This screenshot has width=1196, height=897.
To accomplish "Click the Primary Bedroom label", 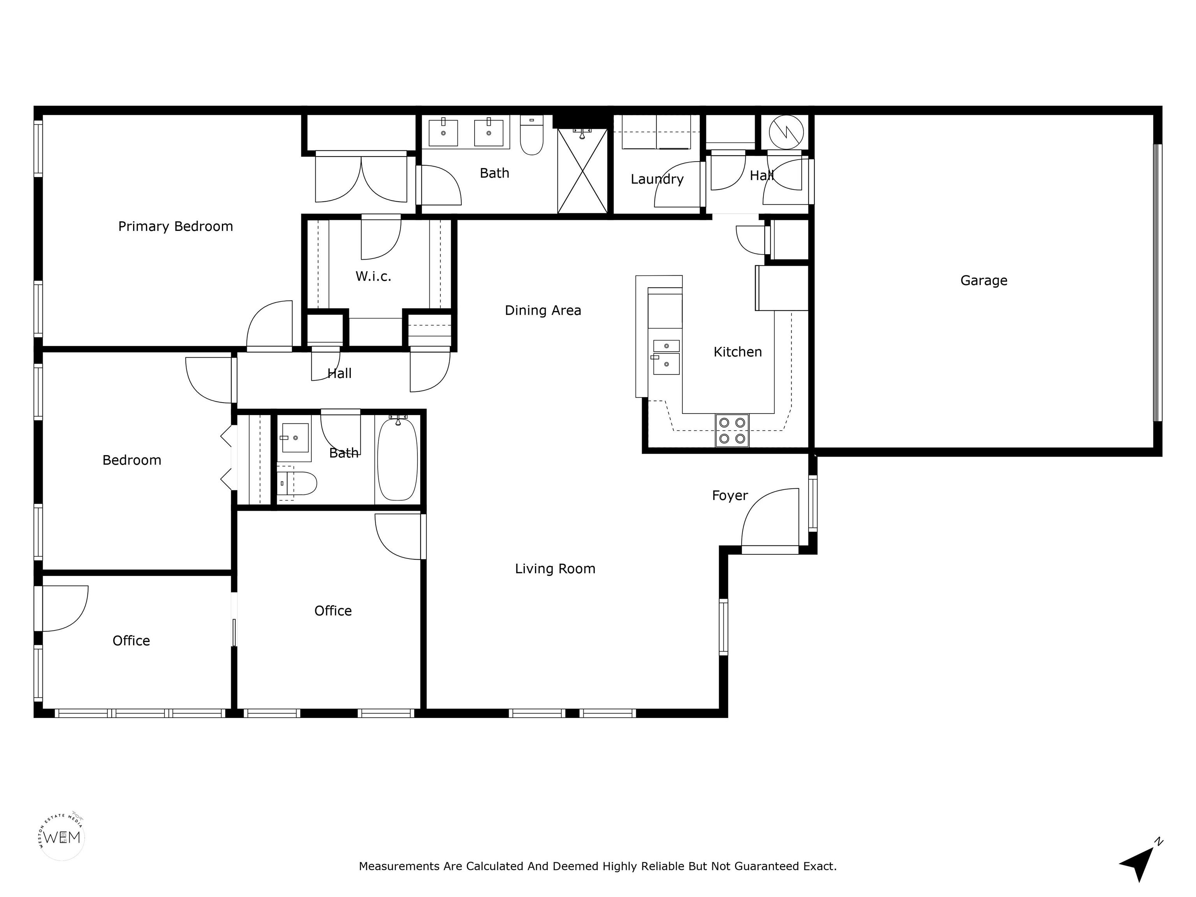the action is click(x=176, y=227).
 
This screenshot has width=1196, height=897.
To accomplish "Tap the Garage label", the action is click(x=983, y=281).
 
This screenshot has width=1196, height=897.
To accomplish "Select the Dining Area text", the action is click(x=543, y=310).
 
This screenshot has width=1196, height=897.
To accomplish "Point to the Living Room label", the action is click(x=555, y=568).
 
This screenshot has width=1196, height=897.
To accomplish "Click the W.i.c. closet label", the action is click(x=373, y=276).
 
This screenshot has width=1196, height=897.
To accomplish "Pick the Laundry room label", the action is click(x=657, y=179).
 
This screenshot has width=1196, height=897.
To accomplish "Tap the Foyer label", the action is click(x=730, y=496).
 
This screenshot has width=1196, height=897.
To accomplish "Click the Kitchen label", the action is click(x=737, y=352).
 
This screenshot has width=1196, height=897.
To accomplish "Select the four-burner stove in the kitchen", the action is click(x=732, y=430).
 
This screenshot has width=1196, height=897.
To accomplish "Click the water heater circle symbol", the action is click(x=786, y=132).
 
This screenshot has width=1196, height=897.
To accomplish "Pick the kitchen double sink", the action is click(x=666, y=357).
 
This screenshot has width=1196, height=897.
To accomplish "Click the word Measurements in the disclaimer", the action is click(x=399, y=866).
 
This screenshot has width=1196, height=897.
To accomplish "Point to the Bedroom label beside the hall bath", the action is click(x=132, y=460).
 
